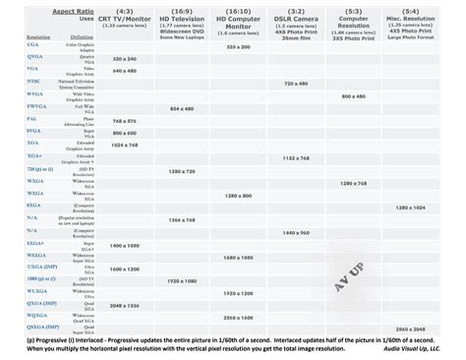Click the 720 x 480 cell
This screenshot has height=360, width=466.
317,85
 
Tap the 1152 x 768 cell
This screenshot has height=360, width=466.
317,158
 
